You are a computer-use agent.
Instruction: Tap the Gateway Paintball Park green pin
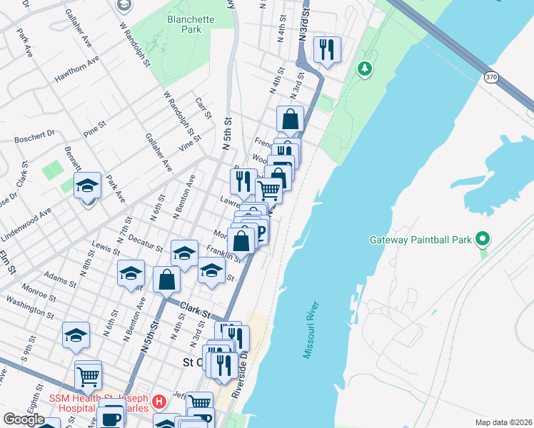point(483,239)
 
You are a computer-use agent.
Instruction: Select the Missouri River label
point(312,330)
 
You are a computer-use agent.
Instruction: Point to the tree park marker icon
point(366,68)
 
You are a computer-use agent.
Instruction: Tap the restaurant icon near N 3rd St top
point(327,49)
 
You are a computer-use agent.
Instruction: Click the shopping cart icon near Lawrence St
point(268,190)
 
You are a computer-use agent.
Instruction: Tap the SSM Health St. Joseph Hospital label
point(98,402)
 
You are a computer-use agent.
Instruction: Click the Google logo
point(24,419)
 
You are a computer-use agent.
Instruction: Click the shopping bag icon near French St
point(290,119)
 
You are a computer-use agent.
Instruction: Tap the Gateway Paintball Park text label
point(420,240)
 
